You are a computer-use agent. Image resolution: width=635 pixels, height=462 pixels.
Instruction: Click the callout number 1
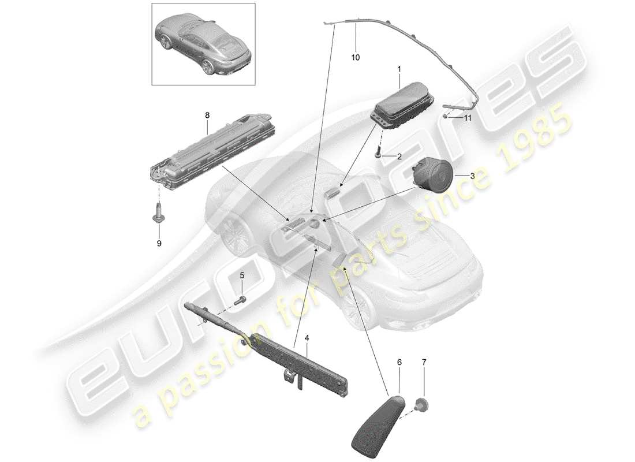398,69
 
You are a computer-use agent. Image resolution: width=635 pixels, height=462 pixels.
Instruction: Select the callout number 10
356,57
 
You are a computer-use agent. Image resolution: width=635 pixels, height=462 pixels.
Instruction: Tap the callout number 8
207,115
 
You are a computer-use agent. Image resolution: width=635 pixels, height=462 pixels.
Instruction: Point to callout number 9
159,243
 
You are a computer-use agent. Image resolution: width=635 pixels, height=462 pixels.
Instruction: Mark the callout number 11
468,118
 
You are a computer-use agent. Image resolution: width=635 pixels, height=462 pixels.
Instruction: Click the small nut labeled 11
447,116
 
